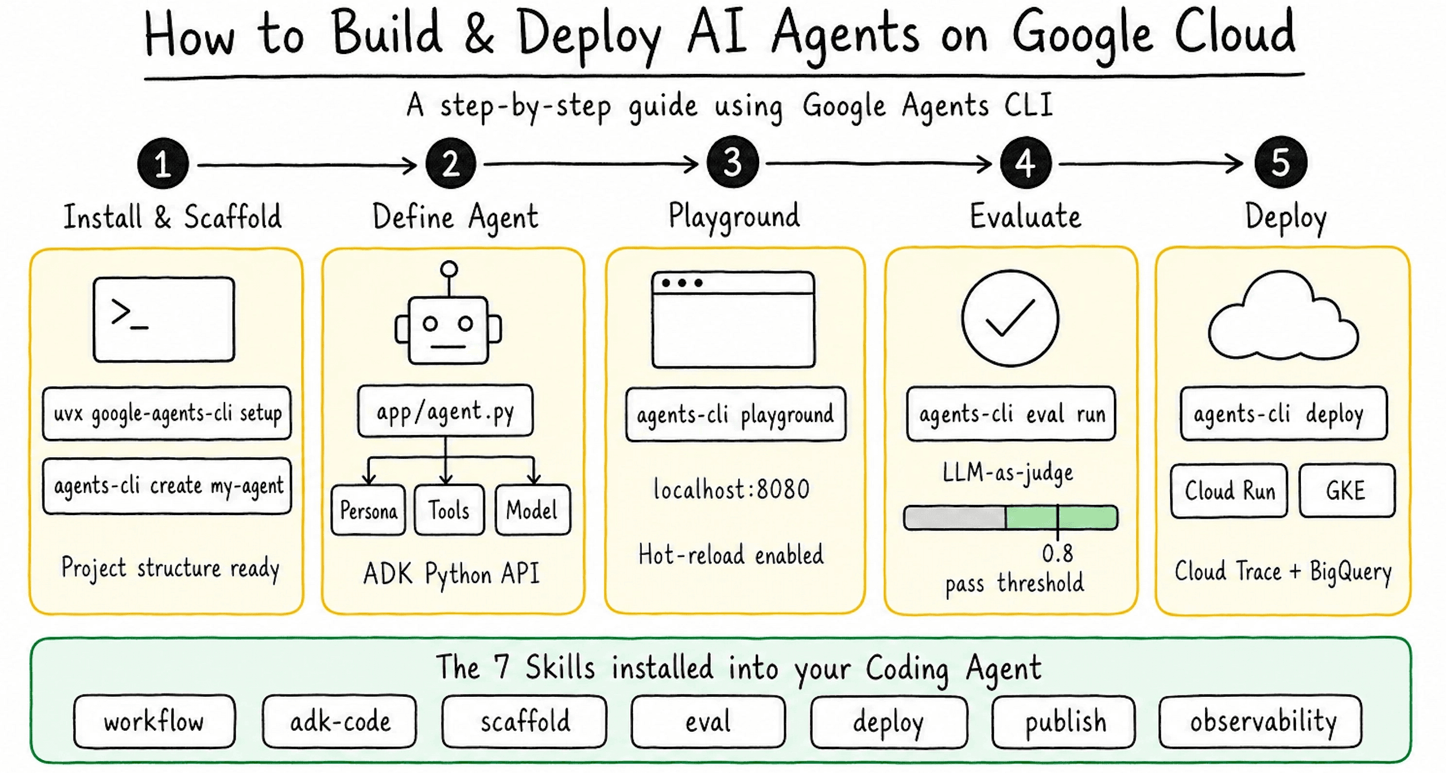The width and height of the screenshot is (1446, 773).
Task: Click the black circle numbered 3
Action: click(x=732, y=163)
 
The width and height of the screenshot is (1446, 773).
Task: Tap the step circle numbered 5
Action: click(x=1280, y=163)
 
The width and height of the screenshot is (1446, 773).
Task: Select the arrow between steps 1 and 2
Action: click(x=306, y=165)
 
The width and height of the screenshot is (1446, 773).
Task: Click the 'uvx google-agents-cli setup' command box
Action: click(x=167, y=414)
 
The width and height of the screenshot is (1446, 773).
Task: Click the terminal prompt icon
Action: click(x=164, y=319)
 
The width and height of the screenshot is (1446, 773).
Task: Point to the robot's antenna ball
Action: click(x=449, y=269)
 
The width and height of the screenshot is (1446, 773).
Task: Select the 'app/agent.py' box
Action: click(x=445, y=411)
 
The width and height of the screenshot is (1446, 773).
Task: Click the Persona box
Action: click(x=368, y=511)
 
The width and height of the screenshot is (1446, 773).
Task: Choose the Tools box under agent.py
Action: click(x=449, y=511)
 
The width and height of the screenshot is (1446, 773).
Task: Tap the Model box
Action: click(x=532, y=511)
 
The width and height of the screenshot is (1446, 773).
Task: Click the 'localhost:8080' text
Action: click(x=732, y=489)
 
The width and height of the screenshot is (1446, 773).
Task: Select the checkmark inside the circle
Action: click(x=1011, y=318)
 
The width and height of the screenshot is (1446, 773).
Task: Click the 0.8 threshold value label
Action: click(x=1058, y=554)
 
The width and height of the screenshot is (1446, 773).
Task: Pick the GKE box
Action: click(x=1346, y=490)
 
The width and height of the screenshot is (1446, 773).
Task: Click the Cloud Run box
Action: click(x=1229, y=490)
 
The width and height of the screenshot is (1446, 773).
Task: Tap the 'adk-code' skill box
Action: click(x=340, y=722)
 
